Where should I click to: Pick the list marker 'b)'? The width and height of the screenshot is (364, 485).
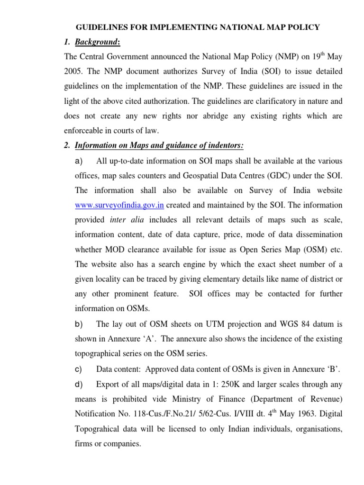point(79,324)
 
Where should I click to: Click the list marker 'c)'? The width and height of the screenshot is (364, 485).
point(79,368)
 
